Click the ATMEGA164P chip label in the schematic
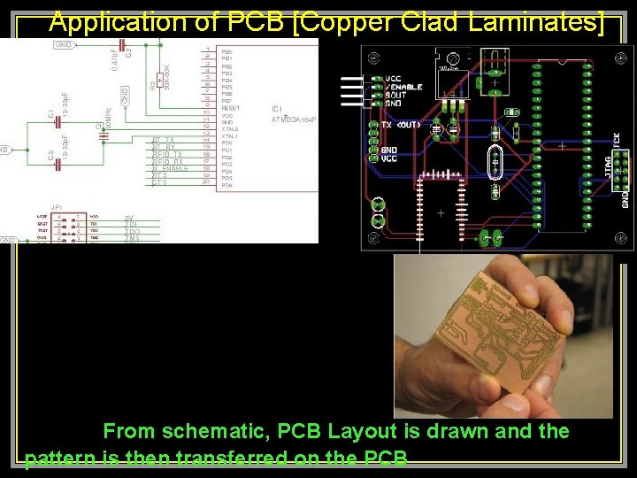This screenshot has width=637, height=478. pos(293,118)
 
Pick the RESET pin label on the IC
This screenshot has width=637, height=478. pos(230,108)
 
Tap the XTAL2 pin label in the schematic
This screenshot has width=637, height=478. pos(230,129)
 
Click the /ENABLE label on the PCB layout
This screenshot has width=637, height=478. pos(403,87)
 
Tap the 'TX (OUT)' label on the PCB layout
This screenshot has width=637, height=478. pos(400,125)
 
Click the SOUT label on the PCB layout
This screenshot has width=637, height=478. pos(395,95)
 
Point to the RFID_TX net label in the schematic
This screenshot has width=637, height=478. pos(167,155)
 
